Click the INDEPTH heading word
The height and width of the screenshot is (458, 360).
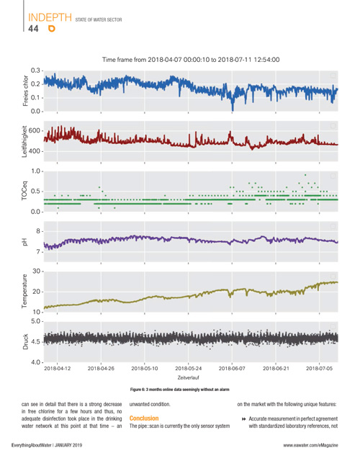pos(50,17)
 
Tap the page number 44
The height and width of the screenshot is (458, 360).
pos(33,29)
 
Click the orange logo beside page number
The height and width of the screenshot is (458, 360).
pos(52,28)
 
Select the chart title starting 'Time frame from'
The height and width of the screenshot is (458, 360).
pos(191,60)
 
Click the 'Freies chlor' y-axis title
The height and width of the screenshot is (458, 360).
pos(25,91)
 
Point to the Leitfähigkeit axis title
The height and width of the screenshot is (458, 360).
pos(24,141)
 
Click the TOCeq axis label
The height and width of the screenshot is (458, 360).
pos(24,192)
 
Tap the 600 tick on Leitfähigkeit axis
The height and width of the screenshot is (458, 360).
pos(34,130)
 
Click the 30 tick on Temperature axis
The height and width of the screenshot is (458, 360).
pos(37,271)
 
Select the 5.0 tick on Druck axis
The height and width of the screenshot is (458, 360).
pos(35,321)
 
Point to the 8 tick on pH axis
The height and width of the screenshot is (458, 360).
pos(38,231)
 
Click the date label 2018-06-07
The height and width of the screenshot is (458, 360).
pos(232,368)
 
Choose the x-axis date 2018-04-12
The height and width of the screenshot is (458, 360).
pos(57,368)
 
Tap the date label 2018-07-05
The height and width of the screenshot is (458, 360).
pos(319,368)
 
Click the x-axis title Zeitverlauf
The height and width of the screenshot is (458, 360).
pos(189,377)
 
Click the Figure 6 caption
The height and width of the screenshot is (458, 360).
pos(179,390)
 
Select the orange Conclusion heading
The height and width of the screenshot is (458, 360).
pos(144,418)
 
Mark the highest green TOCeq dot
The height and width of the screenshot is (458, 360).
pos(305,175)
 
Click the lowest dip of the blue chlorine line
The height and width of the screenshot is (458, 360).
pos(233,110)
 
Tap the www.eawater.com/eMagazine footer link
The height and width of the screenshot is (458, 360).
pos(310,445)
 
